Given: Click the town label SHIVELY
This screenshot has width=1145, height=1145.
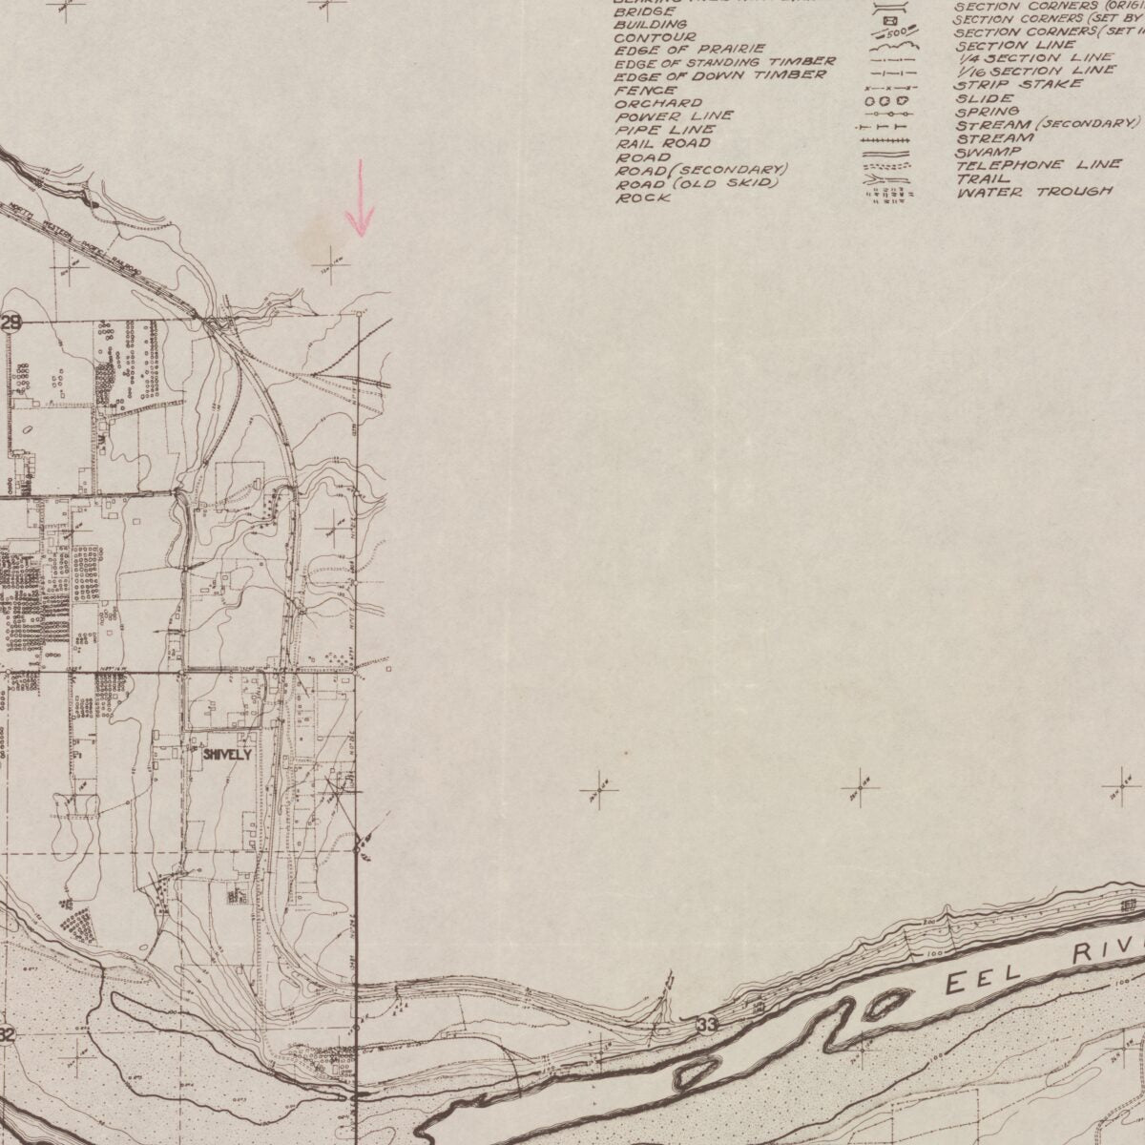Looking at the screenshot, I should click(227, 754).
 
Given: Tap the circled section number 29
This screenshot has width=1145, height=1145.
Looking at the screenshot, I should click(10, 323).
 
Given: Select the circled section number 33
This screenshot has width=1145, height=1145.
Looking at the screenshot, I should click(706, 1025).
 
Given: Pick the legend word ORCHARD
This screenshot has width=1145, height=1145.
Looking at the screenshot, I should click(658, 103).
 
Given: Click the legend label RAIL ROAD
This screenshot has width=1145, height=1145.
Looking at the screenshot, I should click(662, 143).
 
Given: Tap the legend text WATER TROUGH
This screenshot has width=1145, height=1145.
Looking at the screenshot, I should click(1034, 192).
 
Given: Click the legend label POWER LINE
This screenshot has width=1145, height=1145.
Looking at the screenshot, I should click(674, 116).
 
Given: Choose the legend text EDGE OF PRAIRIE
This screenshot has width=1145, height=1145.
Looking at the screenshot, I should click(689, 49).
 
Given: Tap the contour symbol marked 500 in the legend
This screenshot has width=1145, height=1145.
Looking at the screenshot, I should click(888, 34).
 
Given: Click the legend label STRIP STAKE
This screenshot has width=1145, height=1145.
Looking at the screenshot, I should click(1019, 84).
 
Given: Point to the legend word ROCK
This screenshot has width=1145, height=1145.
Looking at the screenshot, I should click(642, 198).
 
